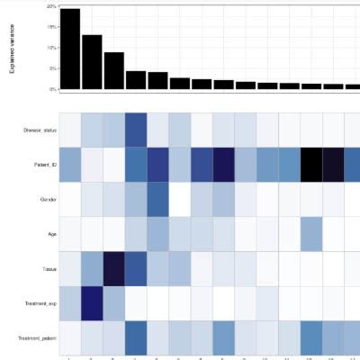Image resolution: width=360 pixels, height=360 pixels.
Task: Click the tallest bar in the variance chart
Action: [x=70, y=49]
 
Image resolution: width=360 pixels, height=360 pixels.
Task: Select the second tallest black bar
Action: [x=92, y=62]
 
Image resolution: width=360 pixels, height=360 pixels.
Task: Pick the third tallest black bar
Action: [x=113, y=71]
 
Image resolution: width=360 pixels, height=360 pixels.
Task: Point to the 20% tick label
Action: [x=52, y=6]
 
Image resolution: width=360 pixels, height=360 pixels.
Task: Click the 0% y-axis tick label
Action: [x=53, y=90]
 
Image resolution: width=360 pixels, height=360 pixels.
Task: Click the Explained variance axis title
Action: [x=13, y=49]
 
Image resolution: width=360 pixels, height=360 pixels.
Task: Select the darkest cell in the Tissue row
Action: [x=113, y=267]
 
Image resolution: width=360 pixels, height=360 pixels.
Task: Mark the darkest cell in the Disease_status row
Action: [x=136, y=130]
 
